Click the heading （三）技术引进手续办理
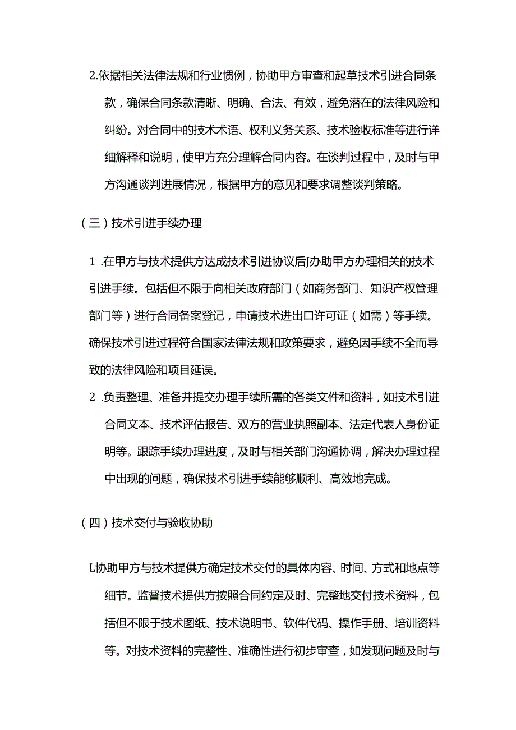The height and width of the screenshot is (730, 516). click(x=141, y=223)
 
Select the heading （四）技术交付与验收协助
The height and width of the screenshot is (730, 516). click(x=147, y=523)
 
